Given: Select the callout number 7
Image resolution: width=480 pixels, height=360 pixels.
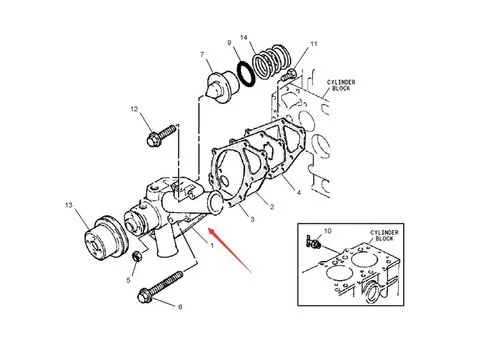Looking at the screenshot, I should click(203, 54).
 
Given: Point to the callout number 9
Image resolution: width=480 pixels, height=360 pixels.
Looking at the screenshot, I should click(229, 43).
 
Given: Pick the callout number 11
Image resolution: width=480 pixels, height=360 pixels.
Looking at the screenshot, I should click(313, 46).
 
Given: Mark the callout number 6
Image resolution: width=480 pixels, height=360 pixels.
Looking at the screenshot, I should click(181, 307).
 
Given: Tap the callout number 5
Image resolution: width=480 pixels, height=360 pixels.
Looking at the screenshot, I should click(129, 281).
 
